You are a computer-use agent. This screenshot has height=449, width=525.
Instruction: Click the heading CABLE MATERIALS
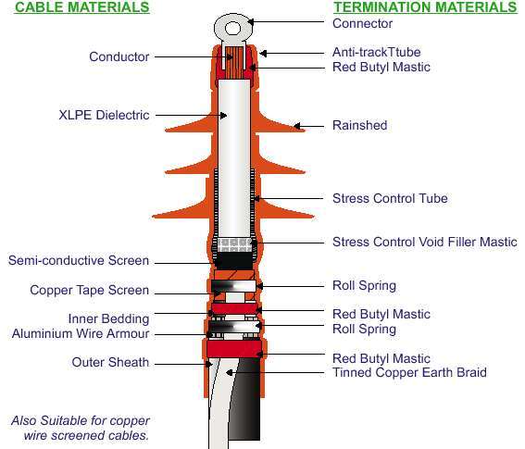(x=82, y=7)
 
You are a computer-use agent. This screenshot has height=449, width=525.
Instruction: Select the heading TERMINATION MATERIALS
(x=425, y=7)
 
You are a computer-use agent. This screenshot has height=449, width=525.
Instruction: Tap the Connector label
(x=362, y=23)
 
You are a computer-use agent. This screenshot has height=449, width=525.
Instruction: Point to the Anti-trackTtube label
(x=376, y=52)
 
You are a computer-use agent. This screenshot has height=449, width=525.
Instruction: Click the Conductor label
(x=119, y=56)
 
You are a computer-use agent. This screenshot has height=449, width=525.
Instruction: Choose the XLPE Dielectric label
(x=104, y=115)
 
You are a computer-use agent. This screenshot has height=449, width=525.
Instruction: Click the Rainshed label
(x=359, y=125)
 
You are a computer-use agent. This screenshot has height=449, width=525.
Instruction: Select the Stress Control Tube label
(x=390, y=198)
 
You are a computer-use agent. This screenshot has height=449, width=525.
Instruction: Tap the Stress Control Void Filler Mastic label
(x=425, y=242)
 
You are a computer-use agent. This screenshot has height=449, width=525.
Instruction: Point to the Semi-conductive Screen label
(x=79, y=260)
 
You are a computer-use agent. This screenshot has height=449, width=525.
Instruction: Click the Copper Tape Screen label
(x=89, y=290)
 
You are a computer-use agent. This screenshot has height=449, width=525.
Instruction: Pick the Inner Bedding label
(x=108, y=318)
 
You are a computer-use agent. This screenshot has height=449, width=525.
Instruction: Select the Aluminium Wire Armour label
(x=81, y=333)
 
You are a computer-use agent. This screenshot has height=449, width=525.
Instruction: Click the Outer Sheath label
(x=110, y=362)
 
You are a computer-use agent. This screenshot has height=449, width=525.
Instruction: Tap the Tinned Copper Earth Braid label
(x=409, y=372)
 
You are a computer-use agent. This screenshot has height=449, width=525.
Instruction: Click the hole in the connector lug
(x=232, y=28)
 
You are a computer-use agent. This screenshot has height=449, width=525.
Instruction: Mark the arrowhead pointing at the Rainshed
(x=296, y=126)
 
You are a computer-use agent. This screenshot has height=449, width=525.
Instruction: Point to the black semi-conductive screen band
(x=234, y=260)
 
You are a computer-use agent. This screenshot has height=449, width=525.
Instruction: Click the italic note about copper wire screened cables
(x=81, y=428)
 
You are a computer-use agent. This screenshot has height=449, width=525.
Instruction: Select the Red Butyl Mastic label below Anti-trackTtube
(x=381, y=67)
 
